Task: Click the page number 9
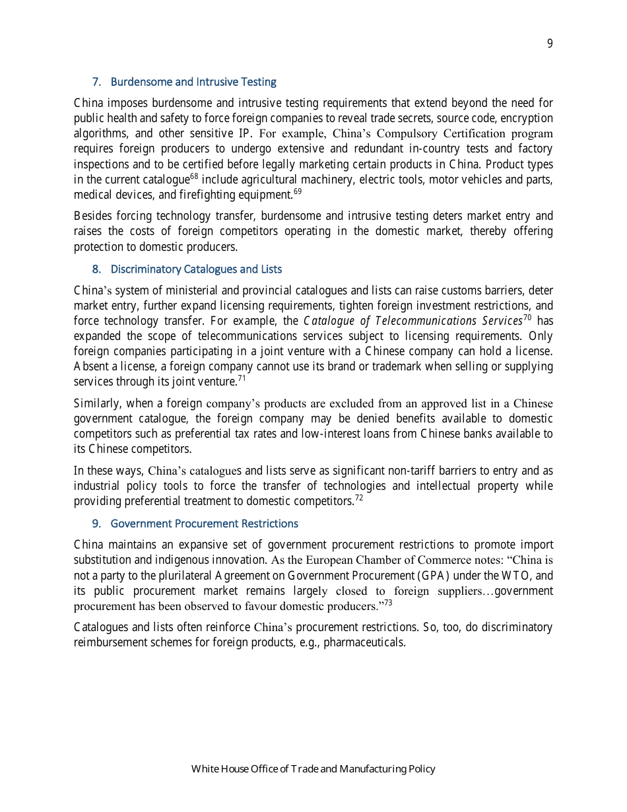pyautogui.click(x=550, y=44)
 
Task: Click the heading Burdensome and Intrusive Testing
pyautogui.click(x=193, y=82)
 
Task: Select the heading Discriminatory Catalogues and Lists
pyautogui.click(x=196, y=269)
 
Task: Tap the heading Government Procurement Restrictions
pyautogui.click(x=204, y=524)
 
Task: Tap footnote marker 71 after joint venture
pyautogui.click(x=242, y=378)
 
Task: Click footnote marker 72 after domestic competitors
pyautogui.click(x=359, y=498)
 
